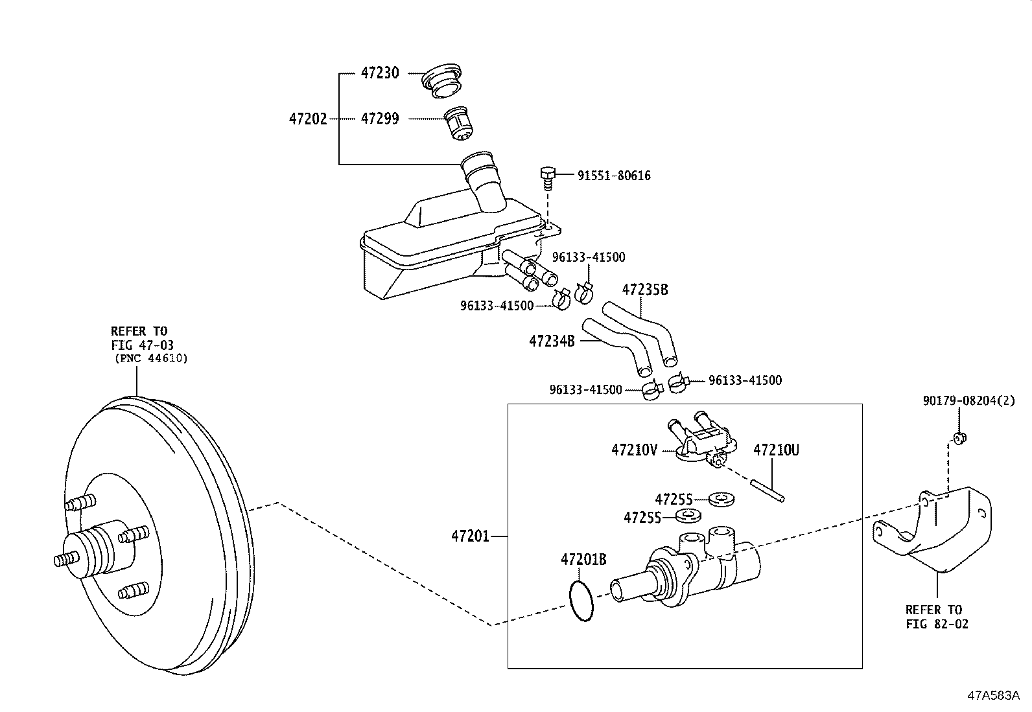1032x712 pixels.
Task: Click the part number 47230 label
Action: pyautogui.click(x=380, y=73)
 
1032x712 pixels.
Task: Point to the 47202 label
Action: pyautogui.click(x=308, y=119)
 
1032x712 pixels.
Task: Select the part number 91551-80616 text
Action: pyautogui.click(x=614, y=176)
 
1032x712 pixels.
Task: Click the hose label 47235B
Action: pyautogui.click(x=644, y=290)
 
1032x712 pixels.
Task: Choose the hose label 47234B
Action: pyautogui.click(x=552, y=341)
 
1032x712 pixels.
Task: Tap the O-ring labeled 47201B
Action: pyautogui.click(x=583, y=601)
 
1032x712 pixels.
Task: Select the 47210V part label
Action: pyautogui.click(x=634, y=450)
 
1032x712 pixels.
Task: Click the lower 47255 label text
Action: pyautogui.click(x=642, y=517)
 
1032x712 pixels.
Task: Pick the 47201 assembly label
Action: pyautogui.click(x=471, y=536)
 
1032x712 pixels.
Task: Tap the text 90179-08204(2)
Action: pyautogui.click(x=968, y=401)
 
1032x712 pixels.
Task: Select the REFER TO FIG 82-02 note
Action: pyautogui.click(x=937, y=617)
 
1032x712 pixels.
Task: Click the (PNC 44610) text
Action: pyautogui.click(x=151, y=358)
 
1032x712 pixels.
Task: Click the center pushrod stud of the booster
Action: pyautogui.click(x=65, y=560)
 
